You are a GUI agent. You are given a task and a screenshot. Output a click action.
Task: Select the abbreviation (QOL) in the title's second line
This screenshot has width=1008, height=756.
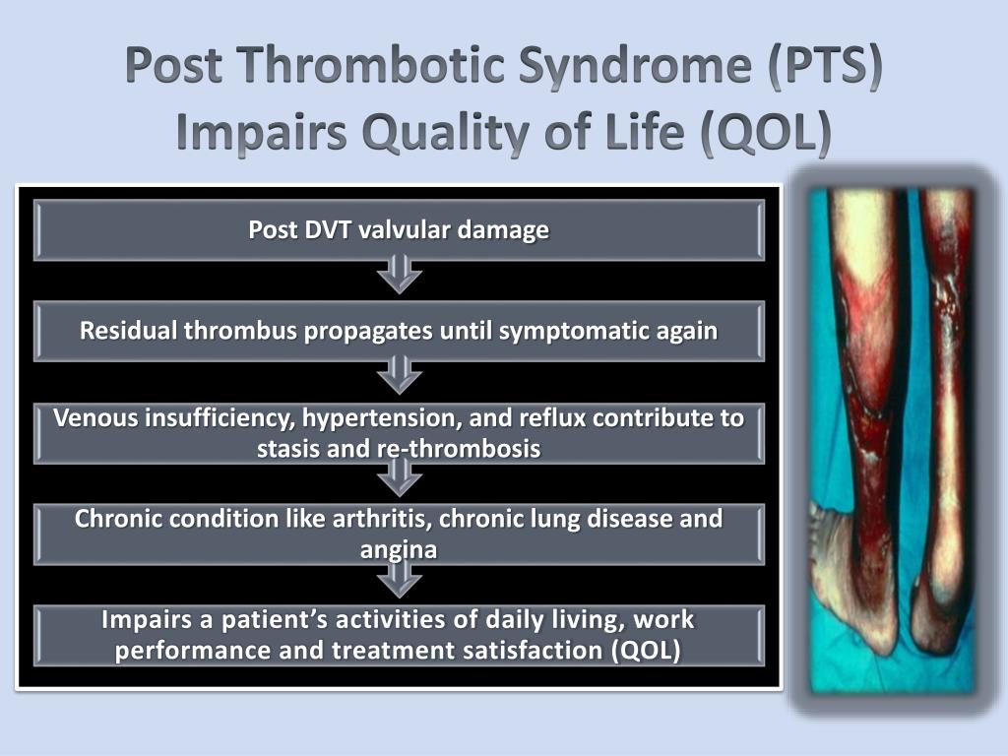pyautogui.click(x=765, y=133)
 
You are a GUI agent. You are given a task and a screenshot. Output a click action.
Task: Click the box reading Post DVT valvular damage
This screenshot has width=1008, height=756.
pyautogui.click(x=399, y=230)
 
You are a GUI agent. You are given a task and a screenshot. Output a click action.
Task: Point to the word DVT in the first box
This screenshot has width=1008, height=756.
pyautogui.click(x=330, y=230)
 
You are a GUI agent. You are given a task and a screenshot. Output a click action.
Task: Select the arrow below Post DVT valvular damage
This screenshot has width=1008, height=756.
pyautogui.click(x=399, y=275)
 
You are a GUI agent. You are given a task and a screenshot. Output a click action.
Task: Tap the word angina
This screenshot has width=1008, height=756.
pyautogui.click(x=399, y=549)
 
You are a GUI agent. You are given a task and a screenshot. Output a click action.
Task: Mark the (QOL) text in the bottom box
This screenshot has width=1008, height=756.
pyautogui.click(x=645, y=652)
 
